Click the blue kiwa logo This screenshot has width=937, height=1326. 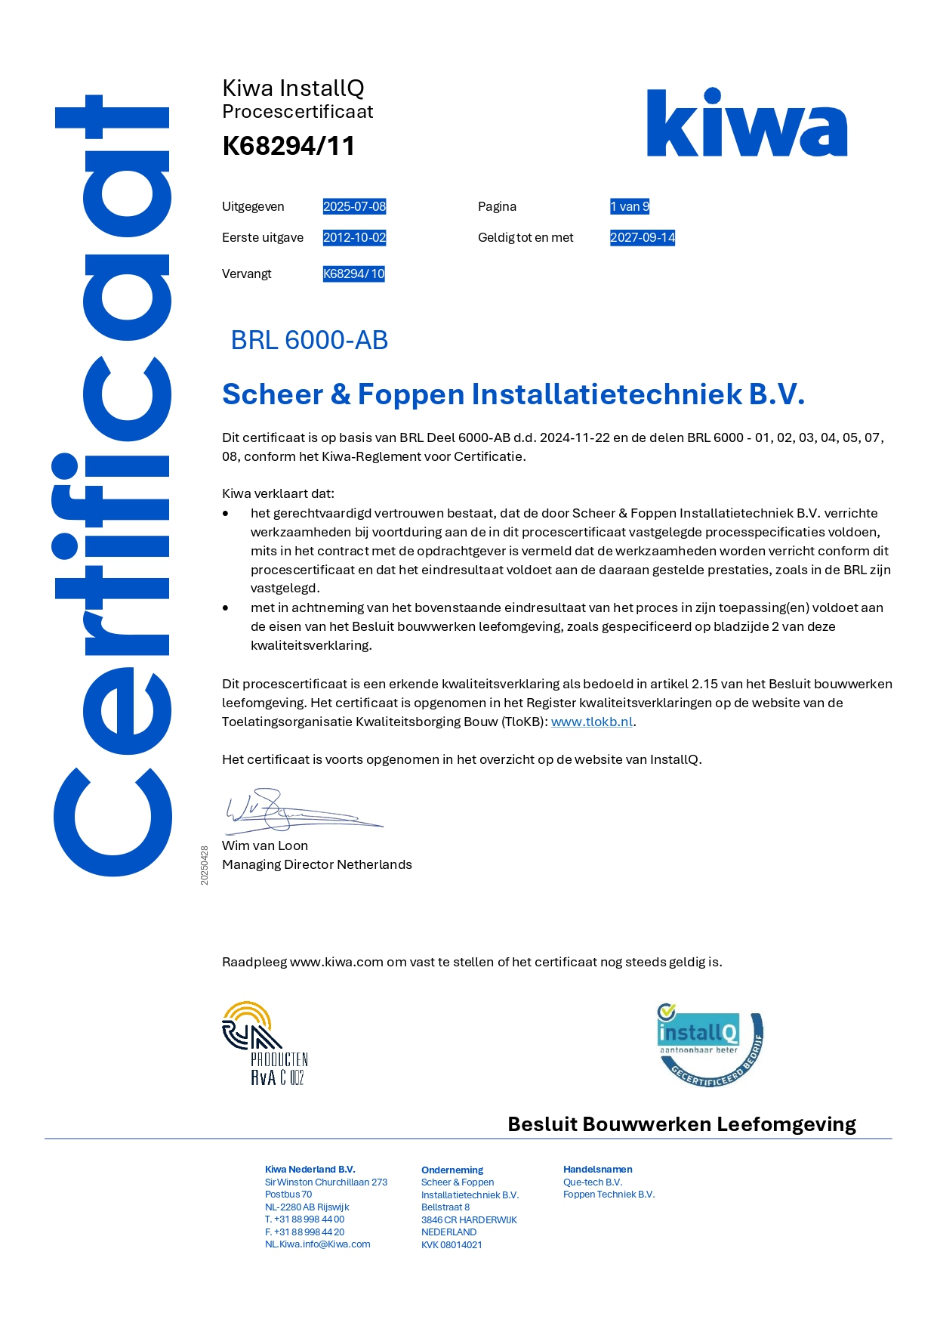tap(746, 123)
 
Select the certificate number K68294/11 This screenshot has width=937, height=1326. tap(288, 146)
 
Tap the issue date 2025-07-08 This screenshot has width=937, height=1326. tap(354, 206)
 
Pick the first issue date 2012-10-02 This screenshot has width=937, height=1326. tap(354, 237)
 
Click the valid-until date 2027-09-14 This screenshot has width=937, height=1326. tap(642, 237)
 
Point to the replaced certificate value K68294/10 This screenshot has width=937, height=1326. tap(353, 274)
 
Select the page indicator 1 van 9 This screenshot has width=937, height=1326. tap(629, 206)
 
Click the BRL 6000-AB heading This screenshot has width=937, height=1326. tap(309, 340)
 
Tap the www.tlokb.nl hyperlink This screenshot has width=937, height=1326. tap(592, 722)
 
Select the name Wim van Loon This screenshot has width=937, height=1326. tap(265, 845)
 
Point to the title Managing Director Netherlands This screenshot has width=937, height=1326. tap(317, 864)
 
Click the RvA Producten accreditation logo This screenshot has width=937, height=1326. tap(264, 1043)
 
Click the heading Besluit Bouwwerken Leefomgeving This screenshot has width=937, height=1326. tap(681, 1124)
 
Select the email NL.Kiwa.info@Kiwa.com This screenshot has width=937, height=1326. tap(317, 1244)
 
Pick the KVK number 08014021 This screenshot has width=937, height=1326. tap(452, 1245)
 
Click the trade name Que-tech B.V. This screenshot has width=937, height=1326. tap(593, 1182)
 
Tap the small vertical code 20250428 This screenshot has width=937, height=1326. tap(205, 865)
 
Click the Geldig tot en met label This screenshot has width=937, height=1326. tap(526, 237)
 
